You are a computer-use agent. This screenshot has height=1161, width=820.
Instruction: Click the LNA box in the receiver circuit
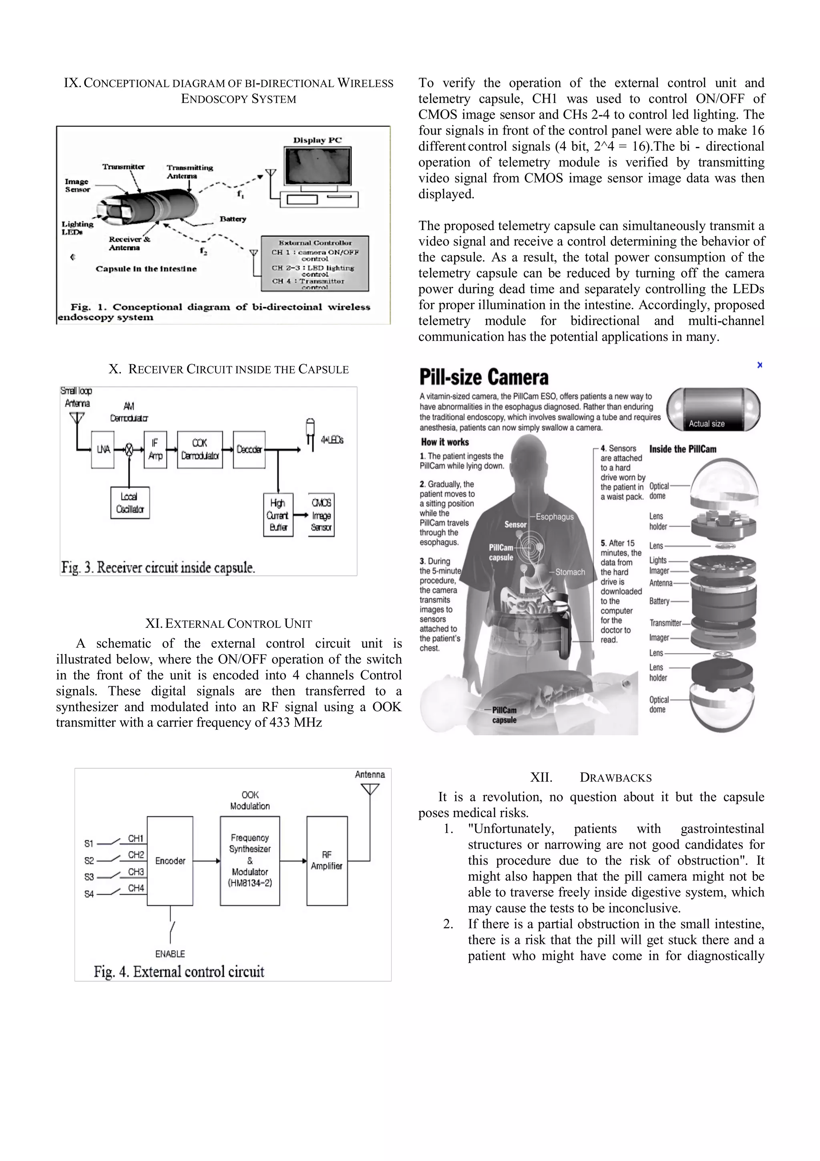(x=102, y=449)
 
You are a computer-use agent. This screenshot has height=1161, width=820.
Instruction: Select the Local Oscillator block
(x=130, y=503)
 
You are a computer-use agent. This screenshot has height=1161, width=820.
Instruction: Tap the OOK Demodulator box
(x=200, y=449)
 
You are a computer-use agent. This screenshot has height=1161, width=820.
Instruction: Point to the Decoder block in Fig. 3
(x=249, y=449)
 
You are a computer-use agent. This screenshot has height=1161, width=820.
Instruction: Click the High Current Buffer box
(x=278, y=515)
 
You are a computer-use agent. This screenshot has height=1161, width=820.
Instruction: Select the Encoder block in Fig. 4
(x=170, y=861)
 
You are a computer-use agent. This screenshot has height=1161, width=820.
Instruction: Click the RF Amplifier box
(x=327, y=861)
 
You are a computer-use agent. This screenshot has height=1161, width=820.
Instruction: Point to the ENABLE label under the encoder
(x=170, y=953)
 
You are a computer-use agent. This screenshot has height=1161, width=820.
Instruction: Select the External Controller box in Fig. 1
(x=315, y=264)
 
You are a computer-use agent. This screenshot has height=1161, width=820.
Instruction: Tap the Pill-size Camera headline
(x=484, y=378)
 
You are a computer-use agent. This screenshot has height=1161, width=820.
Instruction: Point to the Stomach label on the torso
(x=570, y=572)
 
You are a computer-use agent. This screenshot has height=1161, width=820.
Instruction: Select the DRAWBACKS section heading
(x=615, y=778)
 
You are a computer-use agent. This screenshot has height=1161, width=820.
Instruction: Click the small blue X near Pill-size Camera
(x=760, y=365)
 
